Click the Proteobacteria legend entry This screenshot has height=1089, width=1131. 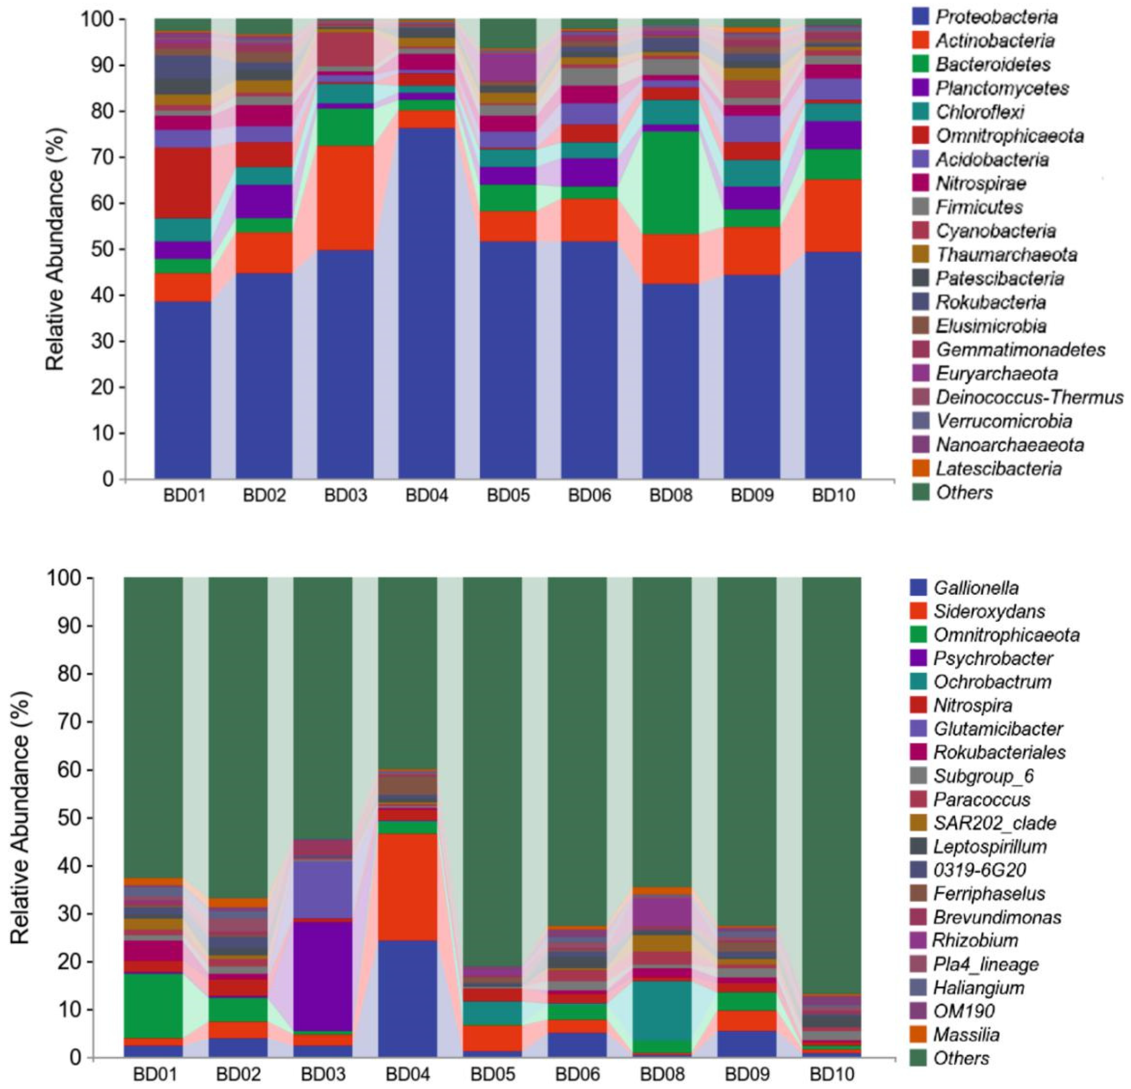tap(996, 17)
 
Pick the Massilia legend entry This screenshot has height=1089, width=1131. tap(966, 1034)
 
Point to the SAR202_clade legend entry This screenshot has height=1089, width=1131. tap(994, 823)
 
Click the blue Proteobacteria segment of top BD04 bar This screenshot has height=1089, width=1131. tap(427, 300)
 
